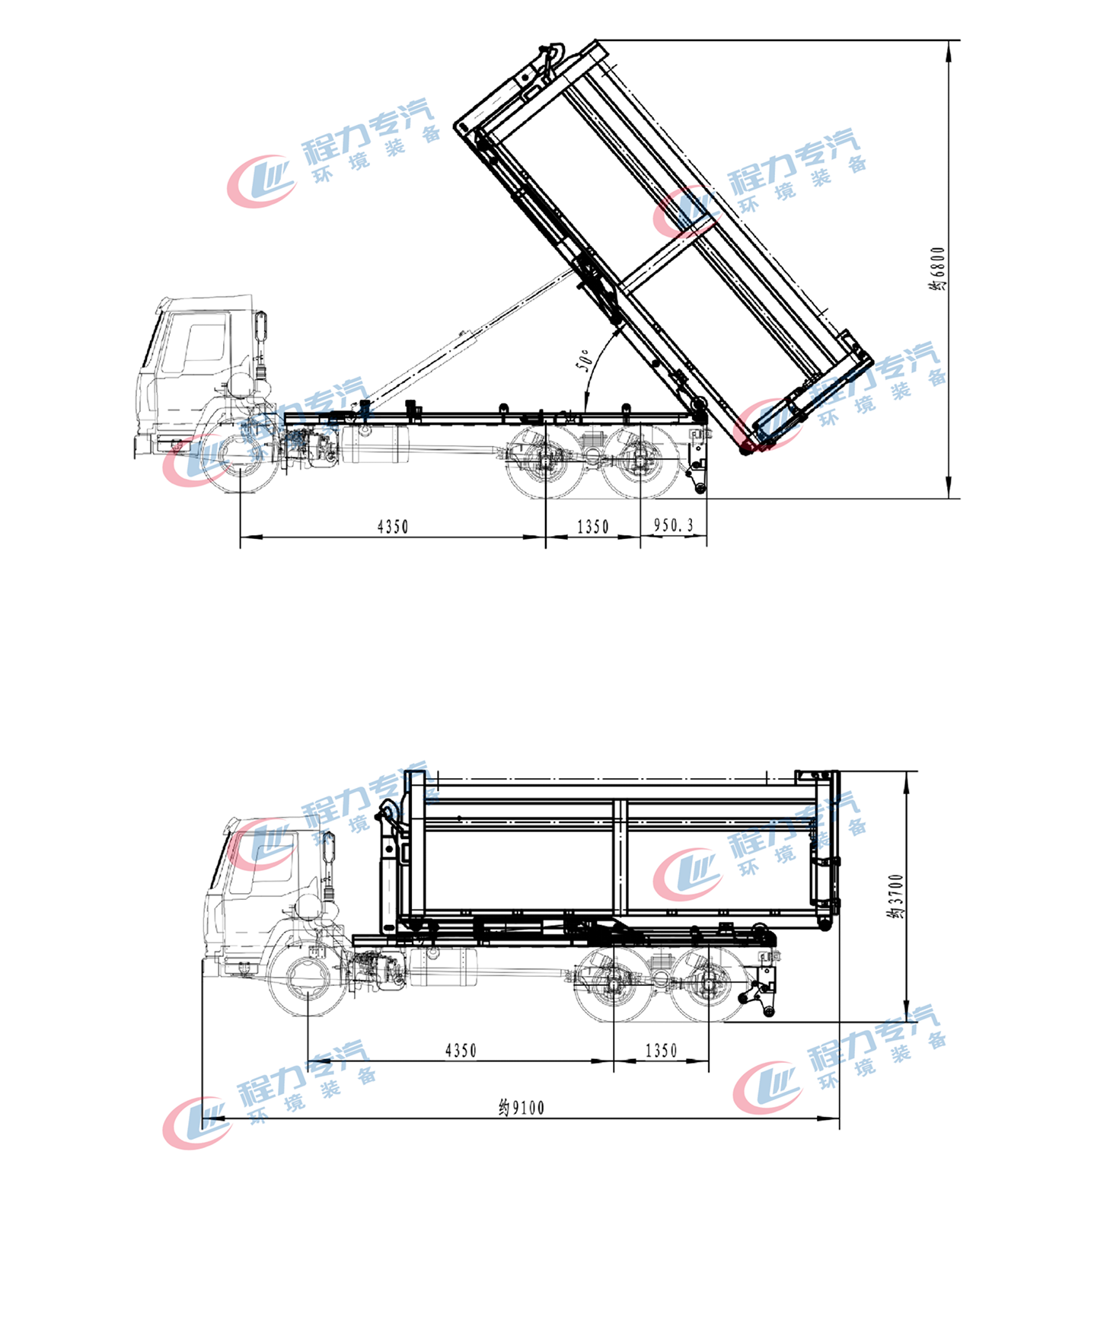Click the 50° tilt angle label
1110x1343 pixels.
[x=583, y=359]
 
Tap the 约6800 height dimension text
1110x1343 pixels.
[x=937, y=268]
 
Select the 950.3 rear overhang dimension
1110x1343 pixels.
[x=674, y=525]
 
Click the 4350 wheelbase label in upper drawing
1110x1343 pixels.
[x=393, y=526]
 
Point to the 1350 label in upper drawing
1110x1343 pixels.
[x=593, y=526]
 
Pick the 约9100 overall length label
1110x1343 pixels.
[x=522, y=1108]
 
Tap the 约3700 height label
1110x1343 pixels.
[x=896, y=896]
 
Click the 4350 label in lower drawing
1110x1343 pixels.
[x=461, y=1051]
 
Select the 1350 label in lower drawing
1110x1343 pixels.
[x=661, y=1051]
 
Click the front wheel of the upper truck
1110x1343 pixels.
[x=240, y=459]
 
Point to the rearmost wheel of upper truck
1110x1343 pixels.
[x=640, y=461]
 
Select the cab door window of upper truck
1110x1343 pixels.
[x=203, y=343]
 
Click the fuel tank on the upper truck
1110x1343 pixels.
[x=375, y=445]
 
